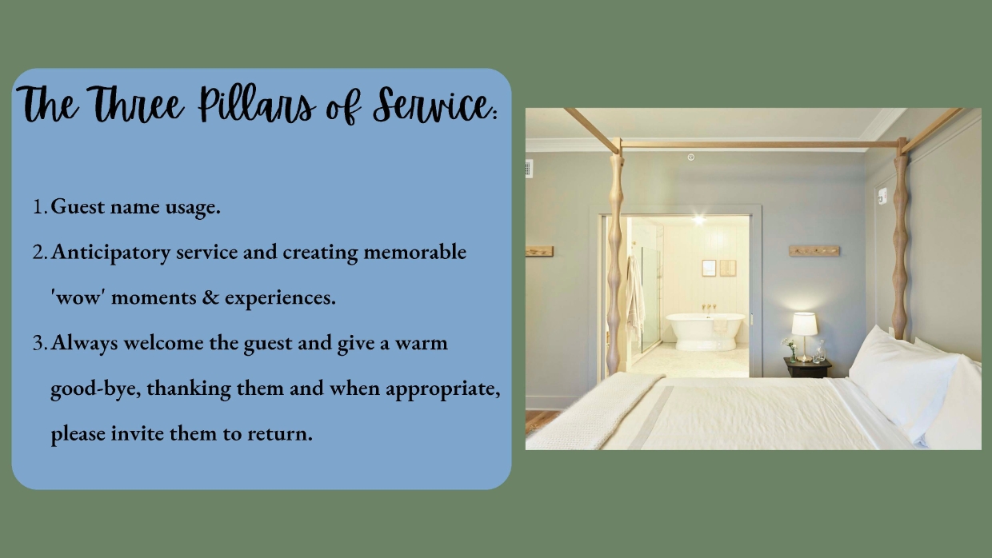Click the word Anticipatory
(x=111, y=253)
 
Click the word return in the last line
(x=283, y=434)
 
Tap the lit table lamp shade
(x=804, y=324)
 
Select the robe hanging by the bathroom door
(x=636, y=296)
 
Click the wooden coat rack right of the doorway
(x=814, y=251)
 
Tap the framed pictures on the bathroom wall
(x=718, y=268)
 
